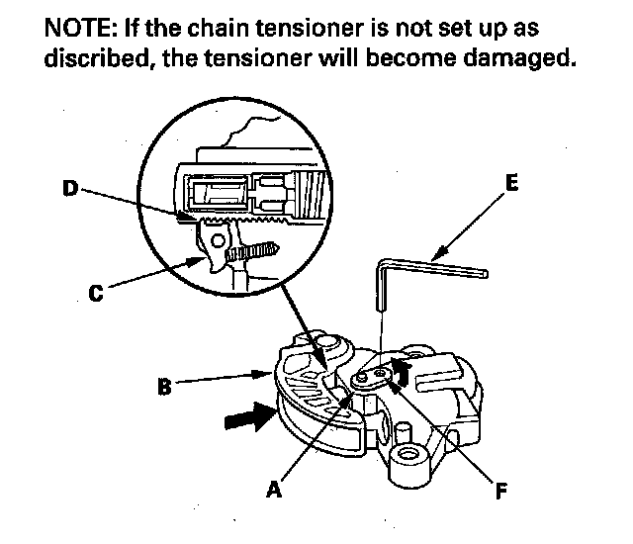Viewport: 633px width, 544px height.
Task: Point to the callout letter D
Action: (x=70, y=188)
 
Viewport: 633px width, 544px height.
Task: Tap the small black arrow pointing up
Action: (x=400, y=370)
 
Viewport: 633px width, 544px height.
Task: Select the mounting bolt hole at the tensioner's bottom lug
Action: (x=408, y=457)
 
